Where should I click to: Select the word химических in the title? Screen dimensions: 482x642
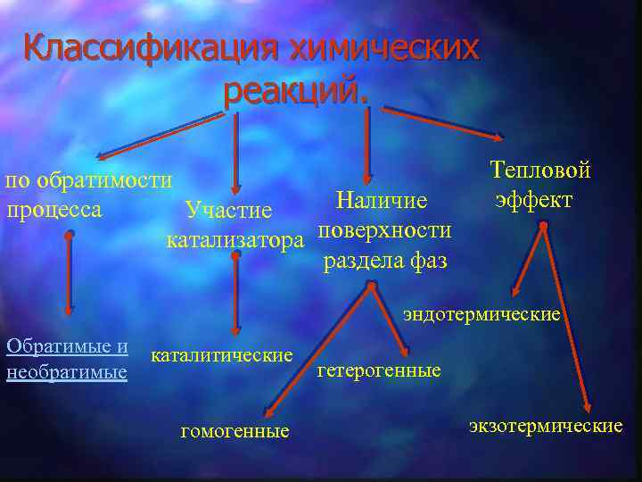384,48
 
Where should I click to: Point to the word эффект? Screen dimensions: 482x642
534,197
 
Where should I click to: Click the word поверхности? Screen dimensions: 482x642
384,229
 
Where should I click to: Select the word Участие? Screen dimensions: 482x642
228,211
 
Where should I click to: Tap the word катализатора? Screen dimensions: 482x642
235,240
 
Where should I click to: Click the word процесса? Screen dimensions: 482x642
53,211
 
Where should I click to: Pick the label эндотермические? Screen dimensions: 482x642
481,314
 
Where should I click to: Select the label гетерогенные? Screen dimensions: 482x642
379,370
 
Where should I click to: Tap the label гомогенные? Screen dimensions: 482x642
235,432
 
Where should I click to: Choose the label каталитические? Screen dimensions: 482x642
222,355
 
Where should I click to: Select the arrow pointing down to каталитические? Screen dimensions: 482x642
235,295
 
